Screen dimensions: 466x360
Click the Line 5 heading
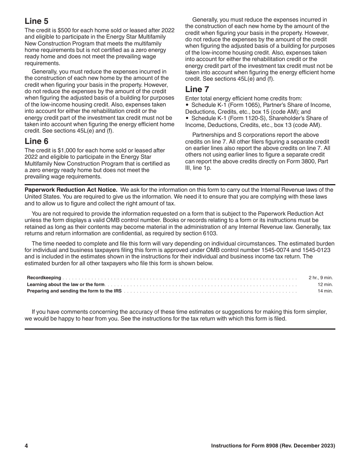coord(36,21)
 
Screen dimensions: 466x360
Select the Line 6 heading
coord(36,141)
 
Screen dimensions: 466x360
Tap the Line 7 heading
coord(197,89)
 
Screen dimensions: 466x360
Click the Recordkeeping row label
coord(44,278)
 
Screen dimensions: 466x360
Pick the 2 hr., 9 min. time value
coord(321,278)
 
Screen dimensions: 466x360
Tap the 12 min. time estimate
coord(325,285)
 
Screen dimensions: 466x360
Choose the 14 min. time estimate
coord(325,291)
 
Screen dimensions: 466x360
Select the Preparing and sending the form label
coord(74,291)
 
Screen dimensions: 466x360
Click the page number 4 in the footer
coord(27,446)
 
